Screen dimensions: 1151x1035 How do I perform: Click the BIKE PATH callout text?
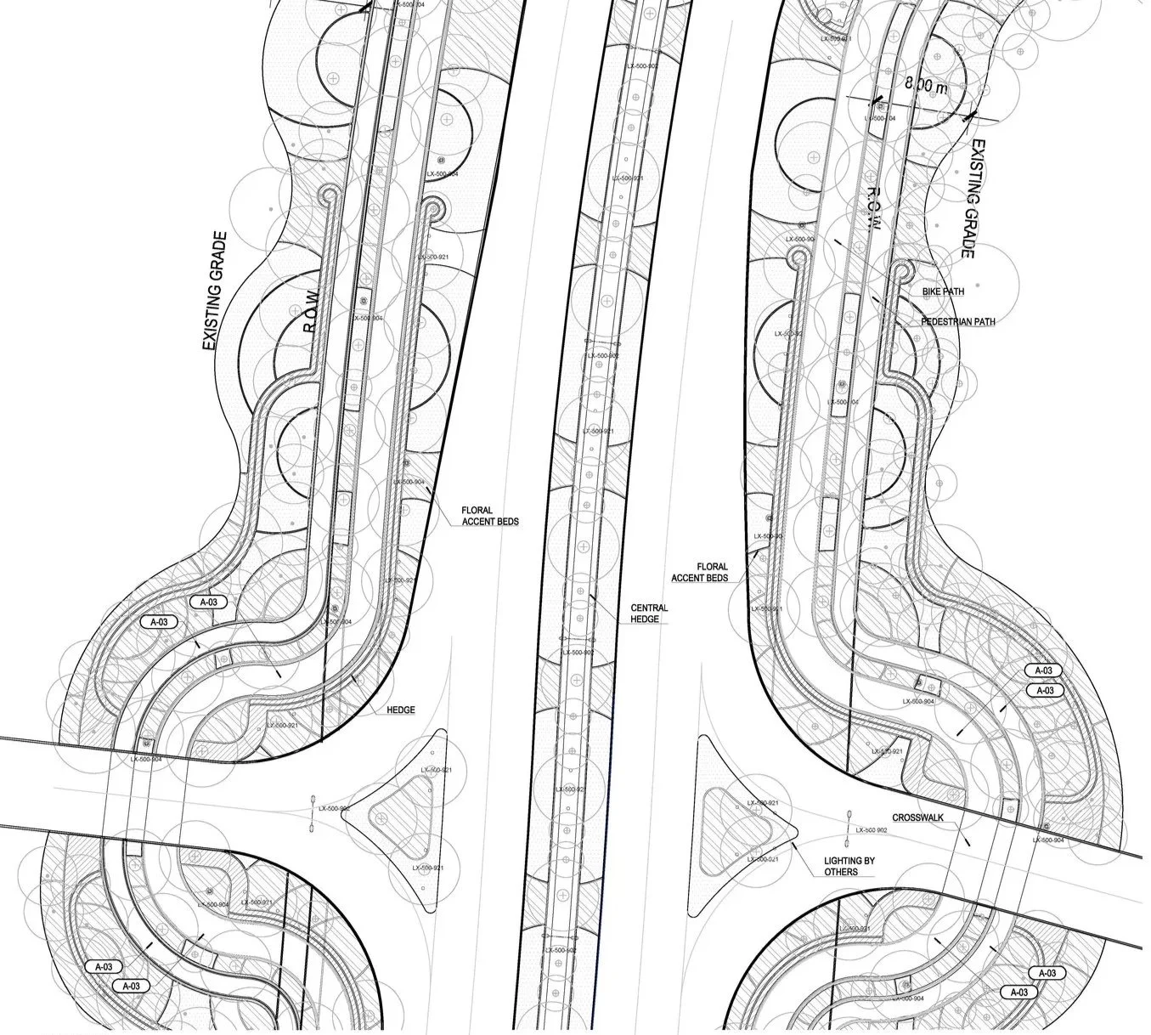tap(943, 291)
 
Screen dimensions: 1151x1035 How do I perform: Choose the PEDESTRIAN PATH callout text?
tap(957, 322)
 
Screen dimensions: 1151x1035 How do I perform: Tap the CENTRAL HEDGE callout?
tap(649, 614)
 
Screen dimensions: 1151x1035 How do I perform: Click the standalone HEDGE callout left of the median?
tap(400, 710)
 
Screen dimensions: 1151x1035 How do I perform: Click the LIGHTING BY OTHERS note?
tap(849, 866)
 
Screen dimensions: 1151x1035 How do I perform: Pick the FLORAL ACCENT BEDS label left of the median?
tap(489, 516)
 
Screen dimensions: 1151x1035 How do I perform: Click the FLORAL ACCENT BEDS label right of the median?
tap(700, 572)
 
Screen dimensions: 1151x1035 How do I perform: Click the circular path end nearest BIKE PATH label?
tap(901, 271)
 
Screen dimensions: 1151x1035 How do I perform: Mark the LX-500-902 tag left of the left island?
tap(334, 809)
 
